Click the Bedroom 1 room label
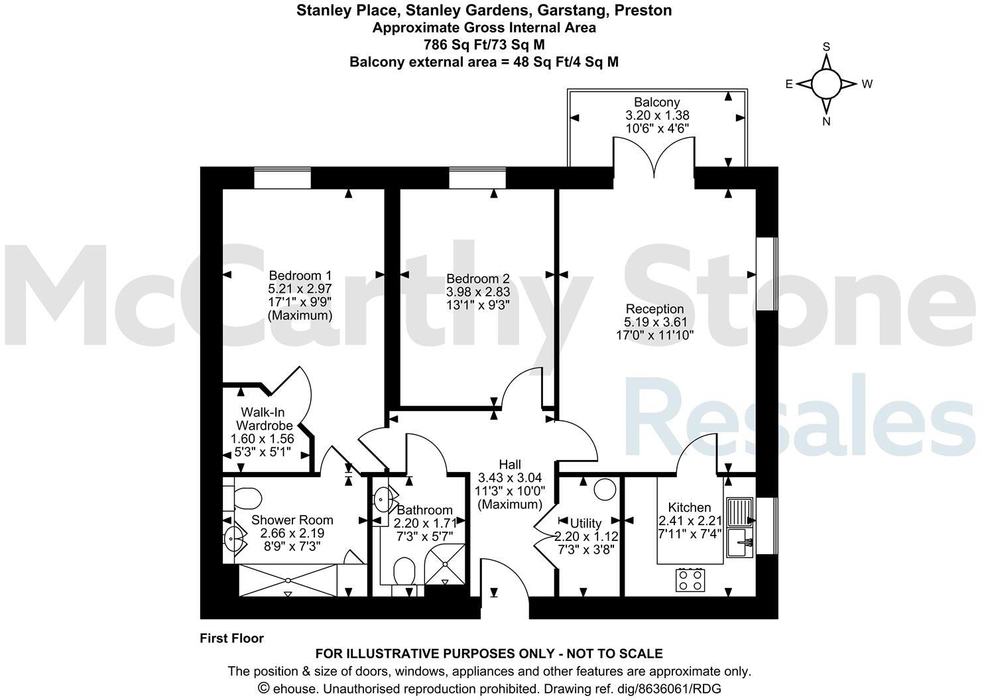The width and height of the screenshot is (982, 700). (300, 275)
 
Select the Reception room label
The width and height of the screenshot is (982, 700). (654, 309)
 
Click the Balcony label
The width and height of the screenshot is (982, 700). (656, 102)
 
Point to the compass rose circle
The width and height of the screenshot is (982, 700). (826, 84)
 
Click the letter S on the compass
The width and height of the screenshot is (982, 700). (826, 47)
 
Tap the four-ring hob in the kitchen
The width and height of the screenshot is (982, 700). (690, 581)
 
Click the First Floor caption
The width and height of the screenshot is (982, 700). (231, 638)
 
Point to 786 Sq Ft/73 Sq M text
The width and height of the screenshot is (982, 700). (484, 45)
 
